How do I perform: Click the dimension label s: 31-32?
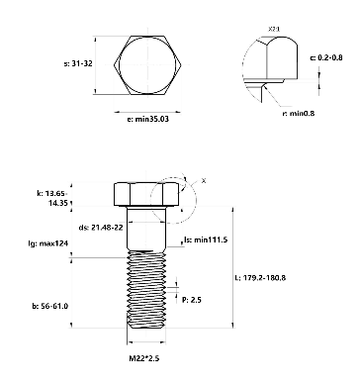coord(78,63)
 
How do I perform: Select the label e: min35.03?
coord(148,119)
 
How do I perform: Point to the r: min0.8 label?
coord(299,114)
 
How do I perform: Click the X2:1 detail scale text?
coord(274,30)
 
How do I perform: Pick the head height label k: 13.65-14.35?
coord(52,198)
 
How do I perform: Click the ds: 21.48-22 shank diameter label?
coord(101,228)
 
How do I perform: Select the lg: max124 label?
coord(48,243)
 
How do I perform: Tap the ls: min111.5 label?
coord(206,240)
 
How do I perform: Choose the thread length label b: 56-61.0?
coord(50,306)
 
